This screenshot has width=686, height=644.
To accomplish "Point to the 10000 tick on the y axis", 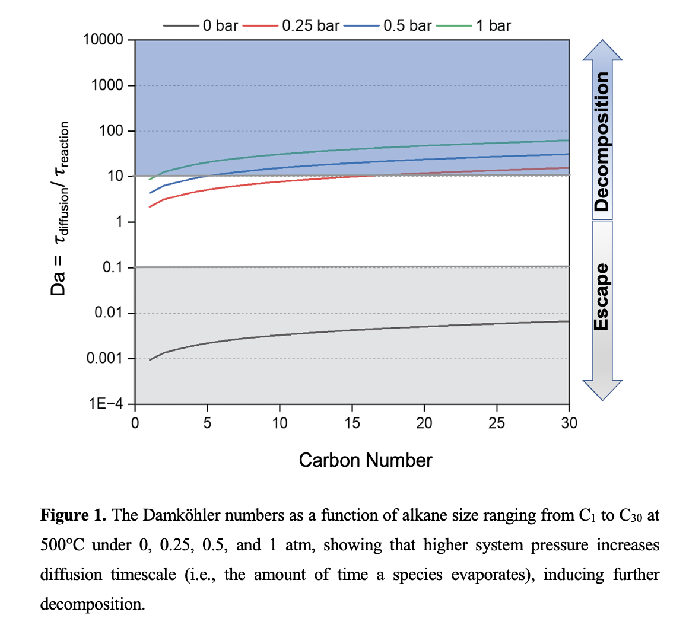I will coord(103,40).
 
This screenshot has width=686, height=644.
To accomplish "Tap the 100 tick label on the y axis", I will coord(112,130).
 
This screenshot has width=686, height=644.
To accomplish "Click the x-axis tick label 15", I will coord(352,423).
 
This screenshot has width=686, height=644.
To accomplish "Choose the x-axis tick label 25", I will coord(497,423).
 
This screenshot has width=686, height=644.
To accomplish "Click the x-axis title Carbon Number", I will coord(366,460).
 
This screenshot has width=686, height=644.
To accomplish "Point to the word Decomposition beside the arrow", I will coord(602,141).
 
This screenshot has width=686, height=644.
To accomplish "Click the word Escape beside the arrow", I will coord(602,297).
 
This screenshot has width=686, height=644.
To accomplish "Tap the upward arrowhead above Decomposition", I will coord(602,50).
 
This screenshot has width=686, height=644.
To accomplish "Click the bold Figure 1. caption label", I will coord(73,515).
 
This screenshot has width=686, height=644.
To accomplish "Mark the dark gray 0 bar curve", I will coord(356,330).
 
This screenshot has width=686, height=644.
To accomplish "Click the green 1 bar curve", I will coord(356,149).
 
